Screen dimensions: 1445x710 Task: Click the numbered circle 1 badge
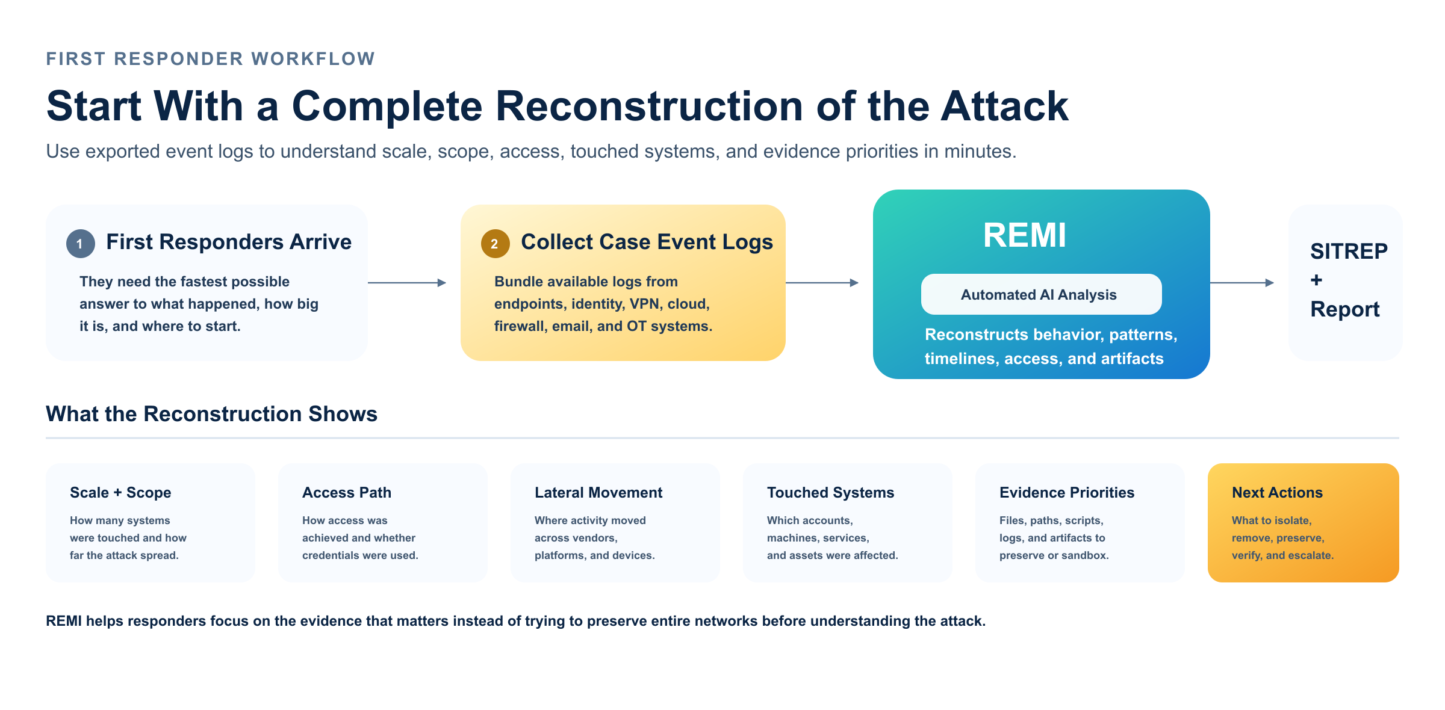click(x=81, y=244)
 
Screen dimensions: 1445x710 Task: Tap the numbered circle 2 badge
click(x=495, y=244)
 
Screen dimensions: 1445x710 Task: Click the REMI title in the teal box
click(x=1024, y=235)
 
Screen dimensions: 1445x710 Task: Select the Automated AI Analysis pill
click(x=1041, y=294)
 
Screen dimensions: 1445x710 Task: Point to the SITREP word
click(x=1349, y=251)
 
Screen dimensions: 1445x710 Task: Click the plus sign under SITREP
click(x=1316, y=280)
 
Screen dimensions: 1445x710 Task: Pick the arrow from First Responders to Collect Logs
click(x=407, y=282)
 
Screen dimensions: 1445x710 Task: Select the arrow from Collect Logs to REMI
click(x=822, y=282)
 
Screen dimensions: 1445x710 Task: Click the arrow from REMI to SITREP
click(x=1242, y=282)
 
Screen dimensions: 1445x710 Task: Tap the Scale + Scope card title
click(x=120, y=492)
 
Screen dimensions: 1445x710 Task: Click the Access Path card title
click(x=347, y=492)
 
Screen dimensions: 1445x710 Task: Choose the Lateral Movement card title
click(x=598, y=492)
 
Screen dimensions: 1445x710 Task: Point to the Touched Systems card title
click(x=830, y=492)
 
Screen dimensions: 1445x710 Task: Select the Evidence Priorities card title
click(x=1067, y=492)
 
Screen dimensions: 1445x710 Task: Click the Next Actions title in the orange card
click(x=1277, y=492)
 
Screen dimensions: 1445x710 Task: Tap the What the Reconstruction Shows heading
click(x=211, y=414)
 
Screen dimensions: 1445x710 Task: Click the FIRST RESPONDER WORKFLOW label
click(x=211, y=58)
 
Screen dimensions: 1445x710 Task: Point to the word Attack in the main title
click(x=1004, y=106)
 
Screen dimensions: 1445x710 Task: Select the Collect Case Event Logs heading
click(x=647, y=242)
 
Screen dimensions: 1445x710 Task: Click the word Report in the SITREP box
click(x=1345, y=309)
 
